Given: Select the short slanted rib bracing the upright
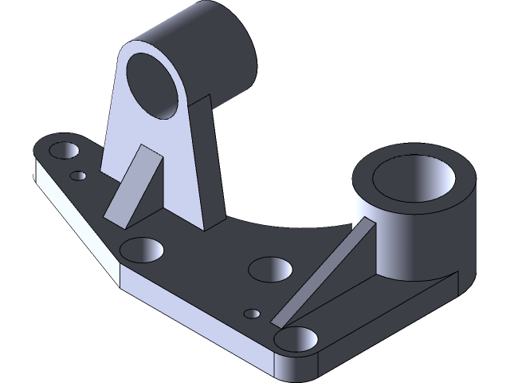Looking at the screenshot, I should pyautogui.click(x=133, y=185).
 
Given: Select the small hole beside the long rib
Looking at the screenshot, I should pyautogui.click(x=253, y=314).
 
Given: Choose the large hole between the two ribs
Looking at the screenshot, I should pyautogui.click(x=270, y=268).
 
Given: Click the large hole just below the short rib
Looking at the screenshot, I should pyautogui.click(x=141, y=250).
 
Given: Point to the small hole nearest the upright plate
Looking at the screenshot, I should pyautogui.click(x=78, y=176).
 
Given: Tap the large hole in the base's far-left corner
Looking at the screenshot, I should pyautogui.click(x=63, y=151).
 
